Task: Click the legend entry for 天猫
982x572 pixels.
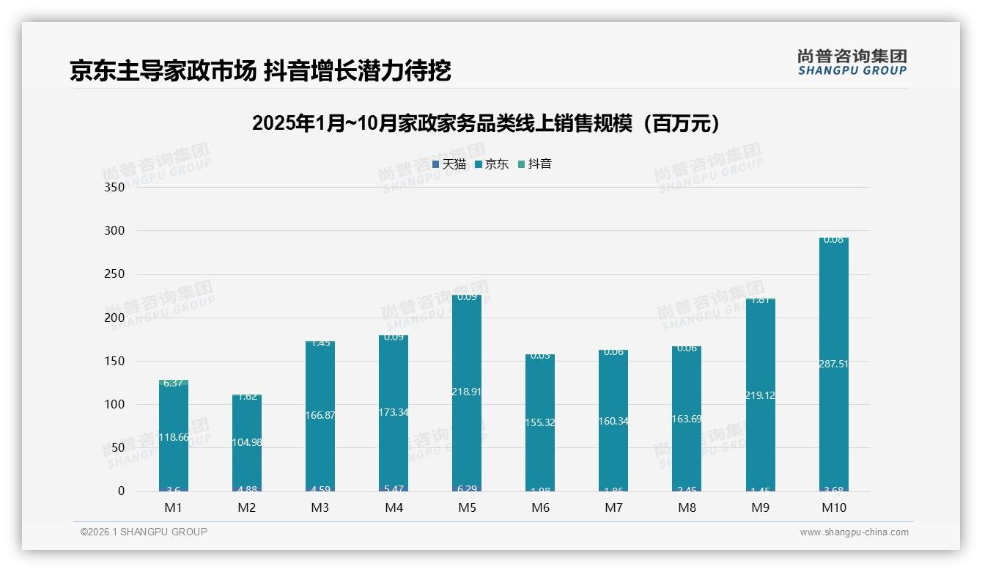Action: [x=449, y=164]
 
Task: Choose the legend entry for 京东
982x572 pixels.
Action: [x=492, y=164]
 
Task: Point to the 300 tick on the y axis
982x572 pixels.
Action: [x=116, y=230]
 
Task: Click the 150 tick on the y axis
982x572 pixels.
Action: [x=116, y=361]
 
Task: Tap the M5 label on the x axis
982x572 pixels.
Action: [x=467, y=507]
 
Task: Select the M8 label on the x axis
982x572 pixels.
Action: [x=687, y=507]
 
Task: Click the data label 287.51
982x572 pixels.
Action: [x=833, y=363]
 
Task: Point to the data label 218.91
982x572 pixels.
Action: [x=467, y=392]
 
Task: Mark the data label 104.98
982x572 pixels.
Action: [x=247, y=442]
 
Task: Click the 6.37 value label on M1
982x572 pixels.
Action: [x=174, y=383]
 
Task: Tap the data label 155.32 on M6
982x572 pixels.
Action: [x=540, y=422]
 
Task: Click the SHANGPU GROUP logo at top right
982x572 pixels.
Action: [x=852, y=62]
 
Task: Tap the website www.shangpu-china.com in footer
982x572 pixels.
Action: [x=854, y=532]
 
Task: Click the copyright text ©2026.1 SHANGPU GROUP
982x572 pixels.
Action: [x=144, y=532]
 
